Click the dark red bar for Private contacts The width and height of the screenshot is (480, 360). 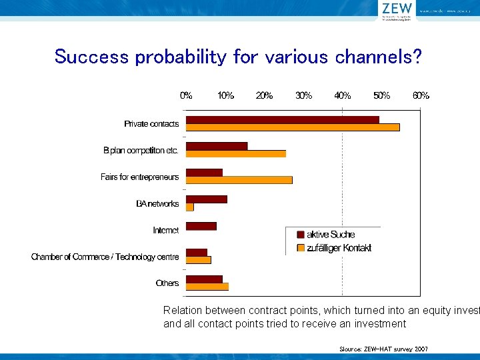282,120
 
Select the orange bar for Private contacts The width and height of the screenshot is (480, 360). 292,127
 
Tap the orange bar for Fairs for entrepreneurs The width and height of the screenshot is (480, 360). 239,180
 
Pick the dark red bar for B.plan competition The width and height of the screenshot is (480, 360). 216,146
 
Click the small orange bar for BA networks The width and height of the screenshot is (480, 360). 189,207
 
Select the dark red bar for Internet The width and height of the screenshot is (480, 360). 201,226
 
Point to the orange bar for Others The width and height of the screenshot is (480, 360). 207,287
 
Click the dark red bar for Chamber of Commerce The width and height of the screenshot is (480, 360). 196,253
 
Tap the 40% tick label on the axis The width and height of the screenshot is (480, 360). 343,95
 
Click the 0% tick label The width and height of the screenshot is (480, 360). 186,95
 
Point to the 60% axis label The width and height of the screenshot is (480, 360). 421,95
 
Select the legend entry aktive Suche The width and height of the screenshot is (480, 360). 330,235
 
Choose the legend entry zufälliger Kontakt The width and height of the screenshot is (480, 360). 338,248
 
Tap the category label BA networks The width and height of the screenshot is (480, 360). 157,204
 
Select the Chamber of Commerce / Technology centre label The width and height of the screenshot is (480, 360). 105,257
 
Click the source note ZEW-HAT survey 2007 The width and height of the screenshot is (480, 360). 383,349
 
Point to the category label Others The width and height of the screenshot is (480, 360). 167,283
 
